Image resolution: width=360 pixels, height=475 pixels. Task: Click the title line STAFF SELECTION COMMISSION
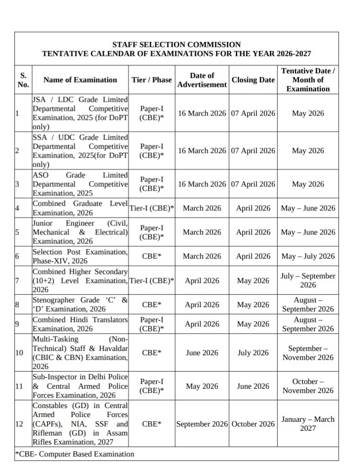[x=176, y=45]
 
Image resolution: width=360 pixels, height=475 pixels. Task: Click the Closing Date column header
[x=253, y=80]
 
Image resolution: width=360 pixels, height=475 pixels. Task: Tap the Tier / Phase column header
[x=152, y=80]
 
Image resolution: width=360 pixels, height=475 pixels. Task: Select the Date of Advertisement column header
[x=202, y=80]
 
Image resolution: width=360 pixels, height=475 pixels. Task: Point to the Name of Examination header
[x=80, y=80]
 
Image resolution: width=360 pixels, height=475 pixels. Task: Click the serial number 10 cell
[x=19, y=353]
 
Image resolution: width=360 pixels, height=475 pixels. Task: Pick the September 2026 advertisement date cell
[x=202, y=424]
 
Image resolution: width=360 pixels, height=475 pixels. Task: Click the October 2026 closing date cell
[x=253, y=424]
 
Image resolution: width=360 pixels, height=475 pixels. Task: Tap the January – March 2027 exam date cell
[x=308, y=423]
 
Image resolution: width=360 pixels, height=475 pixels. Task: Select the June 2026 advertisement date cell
[x=202, y=353]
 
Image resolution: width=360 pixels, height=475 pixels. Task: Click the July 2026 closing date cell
[x=253, y=353]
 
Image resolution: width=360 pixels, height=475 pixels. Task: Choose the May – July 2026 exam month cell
[x=308, y=256]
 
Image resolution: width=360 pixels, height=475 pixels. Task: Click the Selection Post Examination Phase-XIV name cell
[x=80, y=256]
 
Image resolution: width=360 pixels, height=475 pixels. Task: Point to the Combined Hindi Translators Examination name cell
[x=80, y=324]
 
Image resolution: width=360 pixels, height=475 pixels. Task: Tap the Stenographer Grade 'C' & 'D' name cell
[x=80, y=304]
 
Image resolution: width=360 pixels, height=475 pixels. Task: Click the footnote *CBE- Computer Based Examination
[x=75, y=454]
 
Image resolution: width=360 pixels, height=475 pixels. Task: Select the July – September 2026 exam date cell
[x=308, y=280]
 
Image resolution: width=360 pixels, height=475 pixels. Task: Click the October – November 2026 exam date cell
[x=308, y=386]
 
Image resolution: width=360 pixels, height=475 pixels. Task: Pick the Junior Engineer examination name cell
[x=80, y=232]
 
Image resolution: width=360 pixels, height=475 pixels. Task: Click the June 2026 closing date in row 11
[x=253, y=386]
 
